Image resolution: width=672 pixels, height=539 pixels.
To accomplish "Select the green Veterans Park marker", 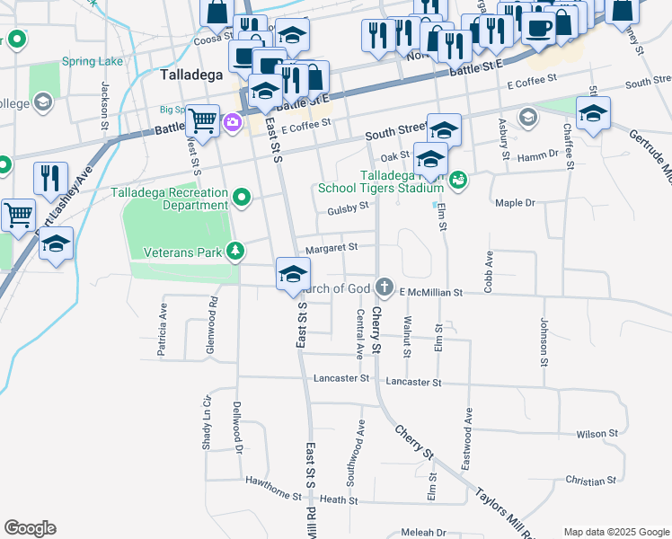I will click(234, 251).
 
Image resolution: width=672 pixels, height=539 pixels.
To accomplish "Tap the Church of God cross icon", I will click(385, 287).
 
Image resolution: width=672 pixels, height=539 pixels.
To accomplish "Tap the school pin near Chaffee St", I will click(593, 113).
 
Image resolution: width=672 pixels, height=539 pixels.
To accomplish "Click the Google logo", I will click(30, 528).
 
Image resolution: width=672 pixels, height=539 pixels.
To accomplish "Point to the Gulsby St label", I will click(349, 208).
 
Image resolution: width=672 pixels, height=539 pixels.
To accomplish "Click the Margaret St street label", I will click(332, 246).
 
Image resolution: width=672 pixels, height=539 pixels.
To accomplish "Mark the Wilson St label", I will click(597, 434).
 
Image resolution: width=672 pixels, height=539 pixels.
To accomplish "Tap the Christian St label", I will click(591, 482).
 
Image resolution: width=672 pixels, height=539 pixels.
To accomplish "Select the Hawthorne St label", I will click(273, 484).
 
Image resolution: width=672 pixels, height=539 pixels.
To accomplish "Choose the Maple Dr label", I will click(515, 203).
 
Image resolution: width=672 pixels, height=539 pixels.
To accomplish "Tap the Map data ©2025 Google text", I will click(615, 532).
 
